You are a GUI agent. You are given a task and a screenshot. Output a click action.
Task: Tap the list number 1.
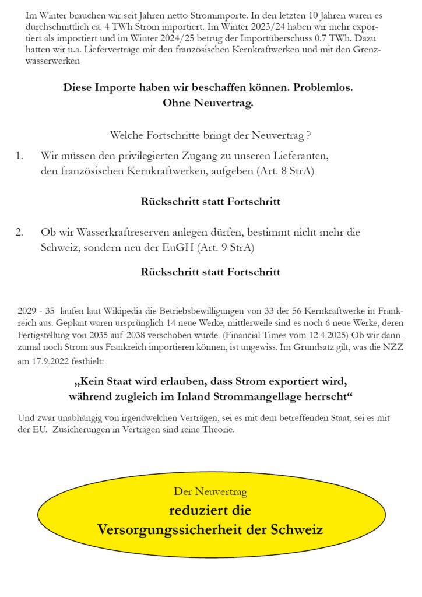coord(20,156)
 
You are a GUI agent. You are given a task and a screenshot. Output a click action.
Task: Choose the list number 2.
coord(20,232)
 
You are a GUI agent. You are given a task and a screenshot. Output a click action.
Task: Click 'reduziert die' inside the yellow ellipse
coord(210,511)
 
